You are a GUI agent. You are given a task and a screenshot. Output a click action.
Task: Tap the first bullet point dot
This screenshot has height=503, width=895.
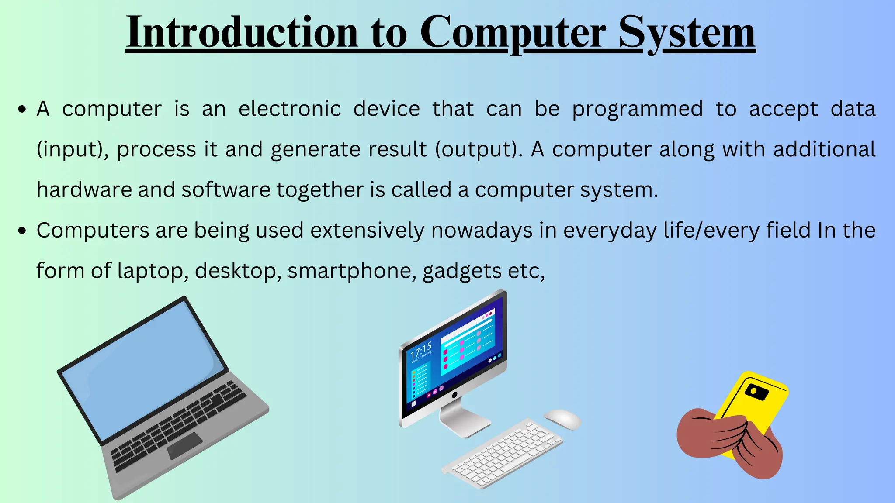pyautogui.click(x=22, y=109)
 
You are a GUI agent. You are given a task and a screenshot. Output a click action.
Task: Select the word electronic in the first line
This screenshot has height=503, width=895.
pyautogui.click(x=289, y=109)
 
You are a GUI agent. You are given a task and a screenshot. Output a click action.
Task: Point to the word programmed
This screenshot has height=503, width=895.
pyautogui.click(x=637, y=110)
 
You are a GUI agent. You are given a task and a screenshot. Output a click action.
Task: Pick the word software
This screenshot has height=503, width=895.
pyautogui.click(x=226, y=190)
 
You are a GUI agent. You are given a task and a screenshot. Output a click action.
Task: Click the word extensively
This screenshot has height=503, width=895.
pyautogui.click(x=367, y=231)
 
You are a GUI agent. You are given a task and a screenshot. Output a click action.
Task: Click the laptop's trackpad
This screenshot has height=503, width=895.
pyautogui.click(x=185, y=446)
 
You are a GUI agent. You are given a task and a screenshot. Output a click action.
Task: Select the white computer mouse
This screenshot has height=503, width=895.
pyautogui.click(x=562, y=419)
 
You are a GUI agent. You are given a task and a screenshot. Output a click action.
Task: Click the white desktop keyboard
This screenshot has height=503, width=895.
pyautogui.click(x=503, y=454)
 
